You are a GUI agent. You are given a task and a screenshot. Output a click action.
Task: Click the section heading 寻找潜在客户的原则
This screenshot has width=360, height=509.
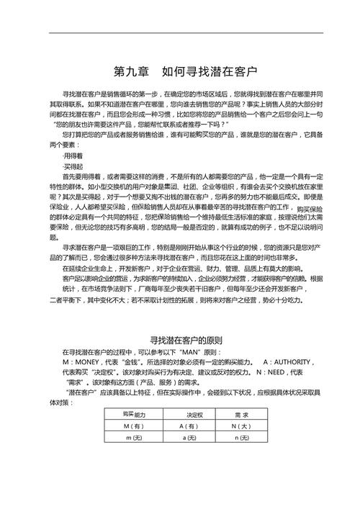[186, 340]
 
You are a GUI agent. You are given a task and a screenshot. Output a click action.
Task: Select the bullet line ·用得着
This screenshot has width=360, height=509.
[73, 155]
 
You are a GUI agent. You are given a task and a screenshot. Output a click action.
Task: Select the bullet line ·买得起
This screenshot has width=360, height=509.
[73, 166]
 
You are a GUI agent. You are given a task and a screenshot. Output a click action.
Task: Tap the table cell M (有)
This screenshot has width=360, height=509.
[134, 426]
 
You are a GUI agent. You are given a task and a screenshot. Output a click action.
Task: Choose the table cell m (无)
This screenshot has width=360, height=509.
[134, 438]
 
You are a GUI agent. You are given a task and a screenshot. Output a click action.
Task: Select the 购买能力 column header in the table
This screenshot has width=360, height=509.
[134, 415]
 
